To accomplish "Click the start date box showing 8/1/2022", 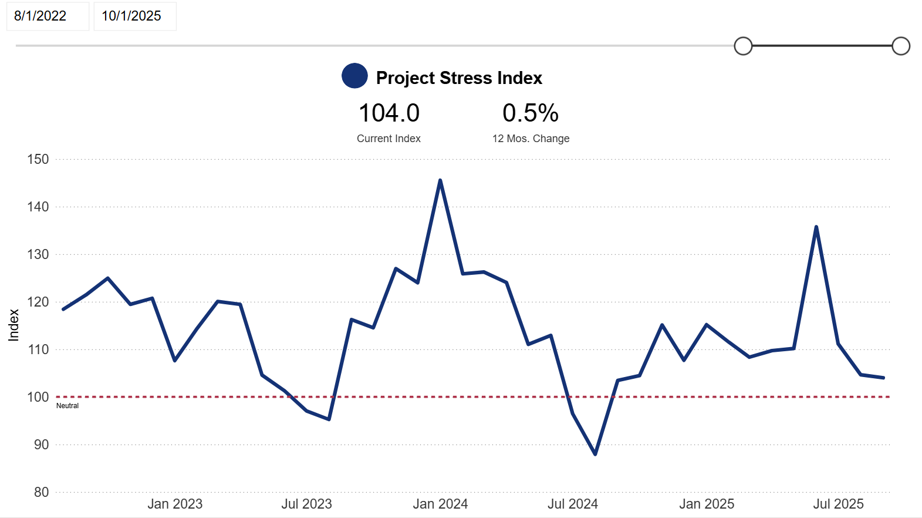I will pyautogui.click(x=47, y=16).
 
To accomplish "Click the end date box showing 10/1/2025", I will pyautogui.click(x=134, y=16).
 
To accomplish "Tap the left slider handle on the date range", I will pyautogui.click(x=743, y=46).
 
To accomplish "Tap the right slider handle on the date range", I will pyautogui.click(x=900, y=46).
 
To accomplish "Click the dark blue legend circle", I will pyautogui.click(x=354, y=76).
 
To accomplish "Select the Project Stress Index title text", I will pyautogui.click(x=459, y=78).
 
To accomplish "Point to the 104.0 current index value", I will pyautogui.click(x=389, y=113).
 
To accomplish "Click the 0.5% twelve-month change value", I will pyautogui.click(x=531, y=113).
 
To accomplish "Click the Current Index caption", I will pyautogui.click(x=389, y=139).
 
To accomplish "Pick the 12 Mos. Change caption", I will pyautogui.click(x=531, y=139).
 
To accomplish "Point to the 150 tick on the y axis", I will pyautogui.click(x=38, y=159).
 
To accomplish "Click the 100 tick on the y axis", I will pyautogui.click(x=38, y=397).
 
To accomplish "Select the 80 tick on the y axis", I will pyautogui.click(x=41, y=492).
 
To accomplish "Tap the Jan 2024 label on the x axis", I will pyautogui.click(x=440, y=504).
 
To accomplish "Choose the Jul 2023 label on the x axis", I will pyautogui.click(x=306, y=504).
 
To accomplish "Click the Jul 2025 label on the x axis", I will pyautogui.click(x=838, y=504).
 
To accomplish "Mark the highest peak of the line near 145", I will pyautogui.click(x=440, y=180).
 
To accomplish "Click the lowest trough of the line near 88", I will pyautogui.click(x=595, y=454).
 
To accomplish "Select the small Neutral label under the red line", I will pyautogui.click(x=67, y=406).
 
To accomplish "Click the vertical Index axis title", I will pyautogui.click(x=13, y=325).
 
